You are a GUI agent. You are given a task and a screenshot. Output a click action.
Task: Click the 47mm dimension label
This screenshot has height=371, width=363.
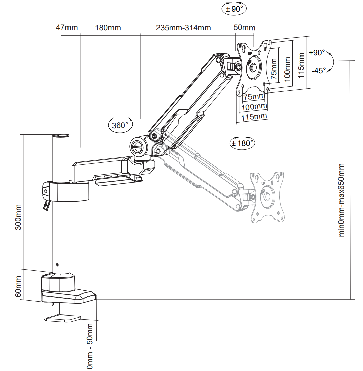coord(67,27)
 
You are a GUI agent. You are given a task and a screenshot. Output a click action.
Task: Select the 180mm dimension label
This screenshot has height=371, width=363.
coord(108,28)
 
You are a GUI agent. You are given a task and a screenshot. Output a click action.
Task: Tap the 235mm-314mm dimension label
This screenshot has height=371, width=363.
coord(183,28)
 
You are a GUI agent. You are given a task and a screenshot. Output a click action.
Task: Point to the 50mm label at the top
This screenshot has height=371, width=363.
coord(244,28)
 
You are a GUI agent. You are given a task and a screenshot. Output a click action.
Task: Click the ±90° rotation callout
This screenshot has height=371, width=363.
coord(234,9)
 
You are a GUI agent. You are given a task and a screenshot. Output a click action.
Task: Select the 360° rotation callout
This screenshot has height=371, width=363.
coord(120,125)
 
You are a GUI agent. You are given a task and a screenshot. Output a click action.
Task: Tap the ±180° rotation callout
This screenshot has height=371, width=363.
coord(242,143)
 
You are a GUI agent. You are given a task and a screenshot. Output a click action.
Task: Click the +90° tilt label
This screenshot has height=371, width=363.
coord(317,52)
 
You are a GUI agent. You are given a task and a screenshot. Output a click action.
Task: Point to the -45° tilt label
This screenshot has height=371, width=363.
coord(319,70)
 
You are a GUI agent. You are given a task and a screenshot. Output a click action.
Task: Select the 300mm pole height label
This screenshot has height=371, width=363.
coord(18,217)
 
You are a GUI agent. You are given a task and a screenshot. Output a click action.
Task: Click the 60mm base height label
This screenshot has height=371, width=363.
coord(18,287)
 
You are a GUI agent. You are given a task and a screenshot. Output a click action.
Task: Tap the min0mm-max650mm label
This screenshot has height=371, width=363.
coord(342,200)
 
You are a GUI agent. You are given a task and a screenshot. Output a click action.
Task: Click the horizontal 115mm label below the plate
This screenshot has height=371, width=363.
coord(254,117)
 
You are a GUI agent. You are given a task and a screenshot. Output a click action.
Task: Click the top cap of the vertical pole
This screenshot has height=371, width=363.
coord(61,136)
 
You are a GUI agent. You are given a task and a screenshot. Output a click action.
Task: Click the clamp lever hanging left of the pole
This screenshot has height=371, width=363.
coord(47,205)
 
